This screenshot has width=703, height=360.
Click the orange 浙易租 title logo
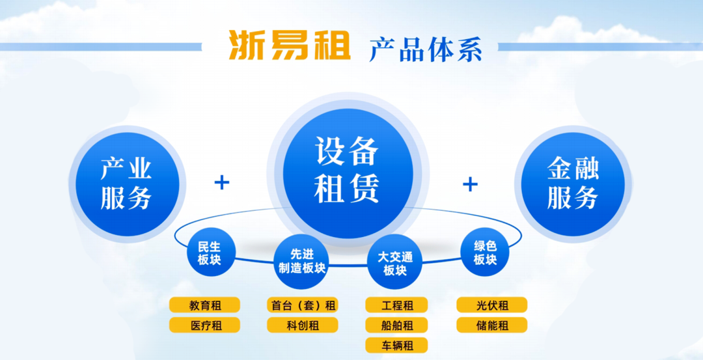click(290, 46)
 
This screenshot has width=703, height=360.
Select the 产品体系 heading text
click(426, 48)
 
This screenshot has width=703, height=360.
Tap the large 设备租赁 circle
click(348, 171)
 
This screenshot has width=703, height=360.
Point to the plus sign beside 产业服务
click(222, 182)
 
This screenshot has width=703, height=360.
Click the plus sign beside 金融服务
click(470, 184)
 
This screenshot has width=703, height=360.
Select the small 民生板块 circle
click(210, 253)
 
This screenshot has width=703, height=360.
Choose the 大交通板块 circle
click(395, 263)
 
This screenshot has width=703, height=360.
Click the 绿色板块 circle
click(485, 253)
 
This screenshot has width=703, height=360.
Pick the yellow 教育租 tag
click(204, 305)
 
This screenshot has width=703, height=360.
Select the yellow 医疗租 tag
click(204, 325)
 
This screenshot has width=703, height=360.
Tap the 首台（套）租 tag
click(302, 305)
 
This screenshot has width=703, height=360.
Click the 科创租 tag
click(302, 325)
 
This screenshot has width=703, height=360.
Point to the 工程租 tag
click(397, 305)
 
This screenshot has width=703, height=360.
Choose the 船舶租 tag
click(397, 325)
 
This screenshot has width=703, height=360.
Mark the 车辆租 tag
click(397, 345)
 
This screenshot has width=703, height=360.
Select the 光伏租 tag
click(492, 305)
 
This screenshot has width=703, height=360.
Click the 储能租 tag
click(492, 325)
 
